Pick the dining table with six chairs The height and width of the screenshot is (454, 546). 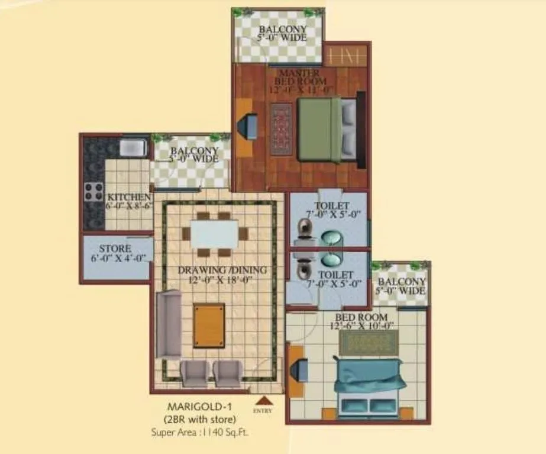(x=215, y=233)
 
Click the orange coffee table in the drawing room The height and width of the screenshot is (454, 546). (x=209, y=326)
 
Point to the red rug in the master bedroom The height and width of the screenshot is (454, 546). (x=282, y=129)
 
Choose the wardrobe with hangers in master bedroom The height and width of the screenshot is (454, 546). (x=347, y=56)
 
